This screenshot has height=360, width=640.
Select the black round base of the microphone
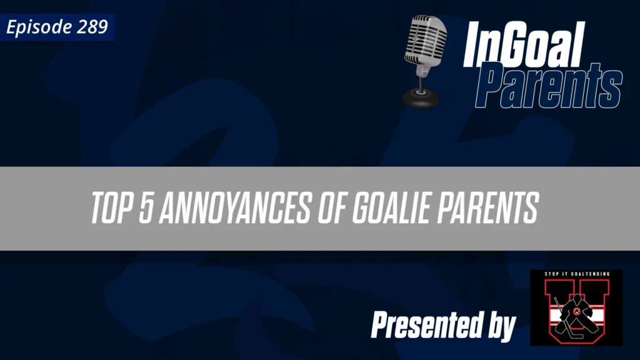pyautogui.click(x=420, y=97)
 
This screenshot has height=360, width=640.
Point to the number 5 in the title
pyautogui.click(x=145, y=208)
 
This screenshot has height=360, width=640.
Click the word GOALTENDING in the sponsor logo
pyautogui.click(x=589, y=275)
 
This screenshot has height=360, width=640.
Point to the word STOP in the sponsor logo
pyautogui.click(x=543, y=275)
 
